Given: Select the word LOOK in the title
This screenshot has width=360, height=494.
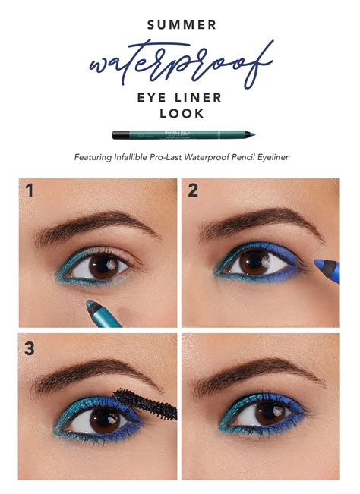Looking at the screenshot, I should (x=180, y=112).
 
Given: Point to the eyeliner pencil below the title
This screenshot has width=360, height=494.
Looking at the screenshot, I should (x=183, y=134).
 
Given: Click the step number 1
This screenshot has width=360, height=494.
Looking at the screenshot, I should (x=29, y=190).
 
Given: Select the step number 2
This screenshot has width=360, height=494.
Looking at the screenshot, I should (x=193, y=190).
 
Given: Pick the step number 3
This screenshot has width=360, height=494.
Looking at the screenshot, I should (x=30, y=349).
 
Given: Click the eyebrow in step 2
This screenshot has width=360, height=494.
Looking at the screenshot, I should (x=258, y=224).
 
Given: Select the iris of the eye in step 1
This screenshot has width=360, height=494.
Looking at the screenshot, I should (x=99, y=266).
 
